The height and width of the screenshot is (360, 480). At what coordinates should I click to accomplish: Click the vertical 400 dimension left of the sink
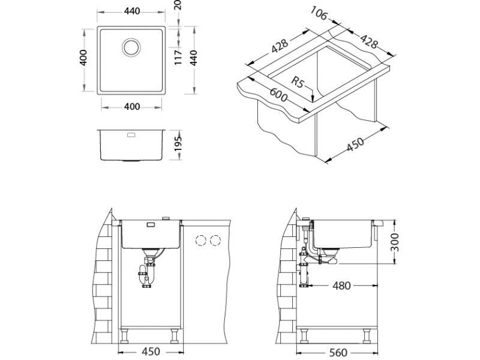click(x=85, y=58)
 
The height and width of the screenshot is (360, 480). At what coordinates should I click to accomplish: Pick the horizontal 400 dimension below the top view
click(x=132, y=107)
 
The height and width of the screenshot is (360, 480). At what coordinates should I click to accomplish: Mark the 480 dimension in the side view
click(x=341, y=286)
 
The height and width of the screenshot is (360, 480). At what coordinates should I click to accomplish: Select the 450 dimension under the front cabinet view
click(x=149, y=352)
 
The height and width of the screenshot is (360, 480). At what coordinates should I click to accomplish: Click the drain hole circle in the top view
click(x=131, y=47)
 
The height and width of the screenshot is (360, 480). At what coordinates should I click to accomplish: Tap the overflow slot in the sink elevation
click(x=130, y=135)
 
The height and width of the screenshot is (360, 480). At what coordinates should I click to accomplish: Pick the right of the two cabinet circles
click(x=215, y=241)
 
